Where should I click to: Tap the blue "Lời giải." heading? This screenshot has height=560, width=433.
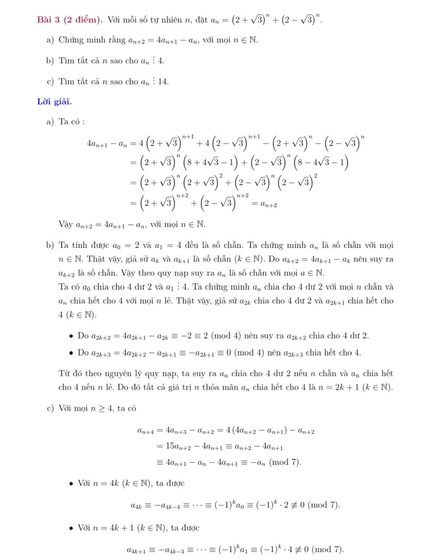54,102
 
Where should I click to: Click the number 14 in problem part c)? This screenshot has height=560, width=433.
163,82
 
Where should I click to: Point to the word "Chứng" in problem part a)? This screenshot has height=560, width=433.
71,40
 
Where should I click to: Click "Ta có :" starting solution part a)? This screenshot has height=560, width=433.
71,122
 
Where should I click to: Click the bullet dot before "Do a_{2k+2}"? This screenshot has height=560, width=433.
70,336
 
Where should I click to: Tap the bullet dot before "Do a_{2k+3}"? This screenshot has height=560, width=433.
70,353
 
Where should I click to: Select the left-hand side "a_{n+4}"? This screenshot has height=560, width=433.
146,431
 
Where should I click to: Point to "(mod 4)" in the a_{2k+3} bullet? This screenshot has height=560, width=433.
256,353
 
